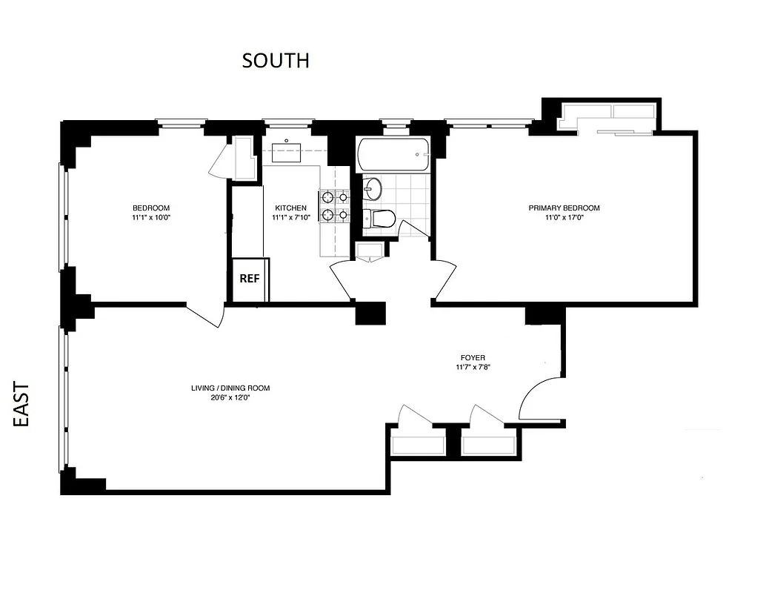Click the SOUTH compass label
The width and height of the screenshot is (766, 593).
coord(276,61)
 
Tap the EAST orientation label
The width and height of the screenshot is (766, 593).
coord(22,404)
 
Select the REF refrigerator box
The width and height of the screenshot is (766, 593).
coord(250,279)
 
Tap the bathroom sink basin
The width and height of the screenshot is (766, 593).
coord(371,188)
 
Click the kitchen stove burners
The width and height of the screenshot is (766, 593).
coord(334,206)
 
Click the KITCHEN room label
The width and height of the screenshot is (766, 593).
coord(290,208)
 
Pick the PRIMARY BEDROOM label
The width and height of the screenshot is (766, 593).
coord(564,208)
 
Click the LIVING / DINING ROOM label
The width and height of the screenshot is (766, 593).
coord(230,388)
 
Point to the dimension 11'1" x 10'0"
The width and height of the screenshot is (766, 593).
coord(151,218)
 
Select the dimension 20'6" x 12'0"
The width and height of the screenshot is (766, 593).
coord(230,397)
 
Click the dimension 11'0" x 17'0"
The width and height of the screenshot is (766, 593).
coord(564,218)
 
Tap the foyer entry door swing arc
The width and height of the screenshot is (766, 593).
coord(537,400)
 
